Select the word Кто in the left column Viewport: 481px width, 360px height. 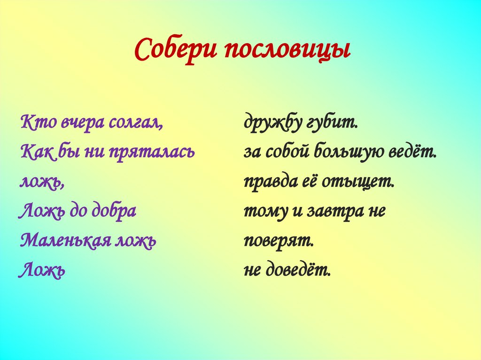point(38,123)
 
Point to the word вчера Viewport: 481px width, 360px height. point(82,123)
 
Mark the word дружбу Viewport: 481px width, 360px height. point(272,123)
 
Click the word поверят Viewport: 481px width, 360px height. point(278,241)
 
